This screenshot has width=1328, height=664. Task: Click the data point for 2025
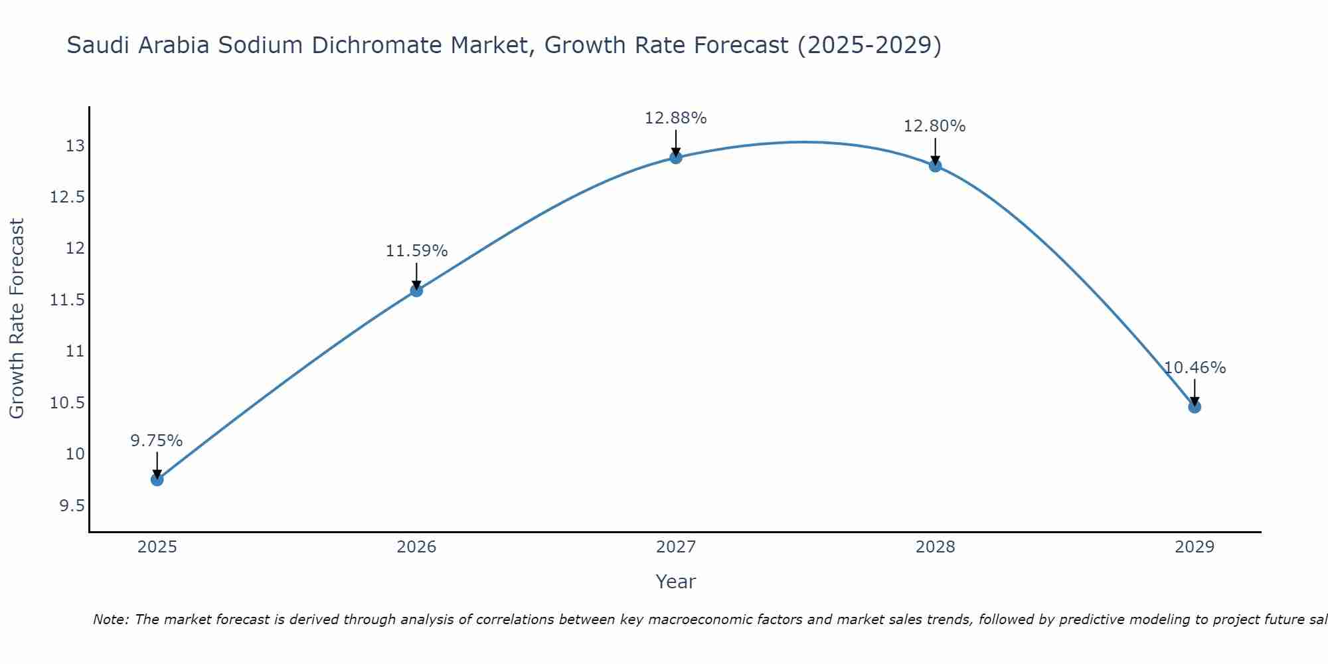[157, 479]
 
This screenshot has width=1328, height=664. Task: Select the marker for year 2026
[416, 290]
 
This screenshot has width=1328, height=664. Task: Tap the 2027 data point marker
[676, 157]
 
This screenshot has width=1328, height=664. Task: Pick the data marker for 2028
[935, 165]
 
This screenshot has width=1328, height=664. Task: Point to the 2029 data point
[1195, 406]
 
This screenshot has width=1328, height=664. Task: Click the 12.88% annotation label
[675, 118]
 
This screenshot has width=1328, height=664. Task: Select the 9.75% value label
[156, 441]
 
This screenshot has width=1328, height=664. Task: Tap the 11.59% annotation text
[416, 251]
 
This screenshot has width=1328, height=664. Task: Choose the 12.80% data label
[934, 126]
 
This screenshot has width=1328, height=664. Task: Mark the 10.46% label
[1195, 368]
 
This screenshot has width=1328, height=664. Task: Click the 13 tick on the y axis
[75, 146]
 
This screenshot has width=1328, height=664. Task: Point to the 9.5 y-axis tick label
[72, 506]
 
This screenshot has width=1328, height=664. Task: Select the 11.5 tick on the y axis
[68, 300]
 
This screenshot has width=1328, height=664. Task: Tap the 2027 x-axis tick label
[676, 547]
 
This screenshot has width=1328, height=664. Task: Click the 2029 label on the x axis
[1195, 547]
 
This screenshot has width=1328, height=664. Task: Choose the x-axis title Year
[675, 582]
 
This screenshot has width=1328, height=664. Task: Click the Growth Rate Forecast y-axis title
[17, 319]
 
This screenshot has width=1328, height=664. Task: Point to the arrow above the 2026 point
[416, 275]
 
